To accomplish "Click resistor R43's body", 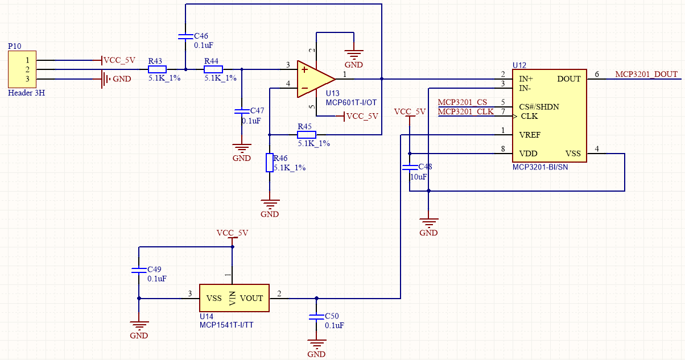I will click(x=157, y=69).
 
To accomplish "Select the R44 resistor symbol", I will click(x=213, y=69).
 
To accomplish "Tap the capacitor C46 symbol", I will click(x=185, y=36).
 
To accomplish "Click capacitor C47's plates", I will click(x=242, y=111).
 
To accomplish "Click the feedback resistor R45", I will click(x=307, y=135).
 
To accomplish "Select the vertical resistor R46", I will click(x=270, y=163).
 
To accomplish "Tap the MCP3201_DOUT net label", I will click(x=646, y=75).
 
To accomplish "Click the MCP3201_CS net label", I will click(x=462, y=102).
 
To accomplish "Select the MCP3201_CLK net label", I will click(x=465, y=111).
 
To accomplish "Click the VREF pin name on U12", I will click(x=530, y=135).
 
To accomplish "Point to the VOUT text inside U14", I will click(x=251, y=298).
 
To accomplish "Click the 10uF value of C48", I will click(x=418, y=177).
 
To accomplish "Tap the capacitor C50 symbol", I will click(x=316, y=317).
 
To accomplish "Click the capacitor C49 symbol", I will click(x=138, y=271).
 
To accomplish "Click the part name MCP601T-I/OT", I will click(x=352, y=102).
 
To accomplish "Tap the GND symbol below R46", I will click(x=270, y=205).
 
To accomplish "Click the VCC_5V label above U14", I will click(x=232, y=233).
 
